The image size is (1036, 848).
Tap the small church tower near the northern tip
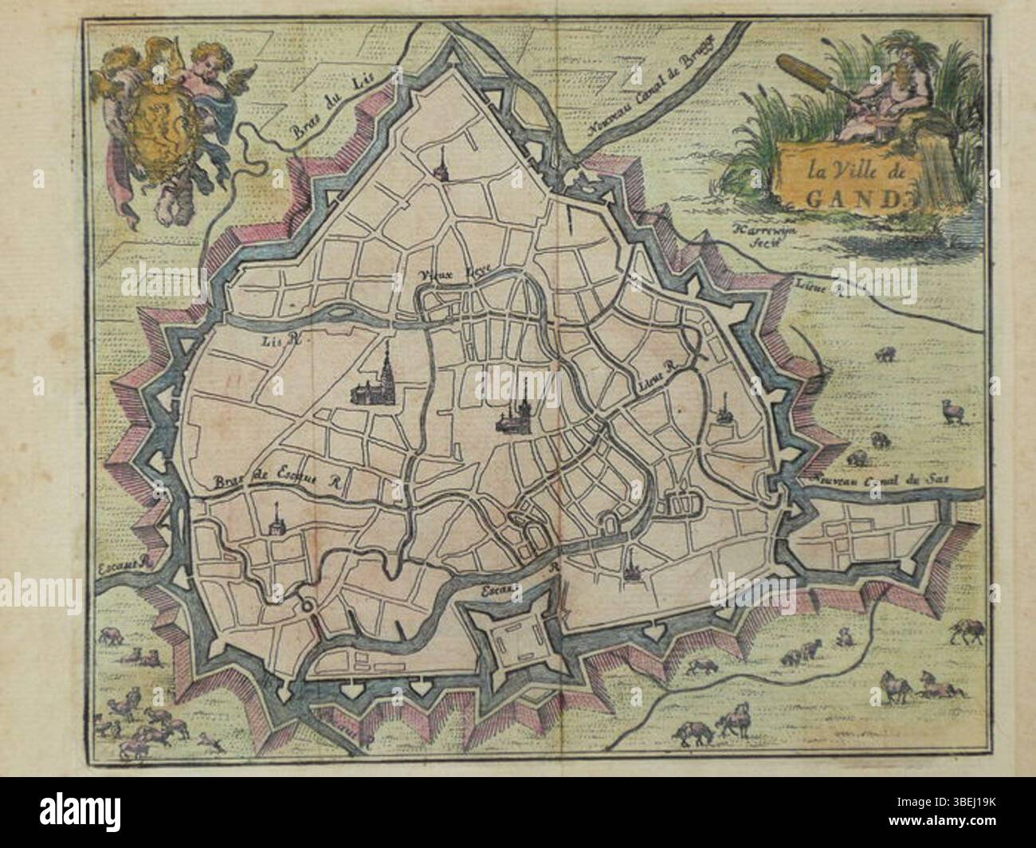(x=439, y=167)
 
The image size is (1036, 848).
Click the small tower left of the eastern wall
(x=723, y=413)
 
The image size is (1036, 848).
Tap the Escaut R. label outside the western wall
(x=124, y=565)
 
